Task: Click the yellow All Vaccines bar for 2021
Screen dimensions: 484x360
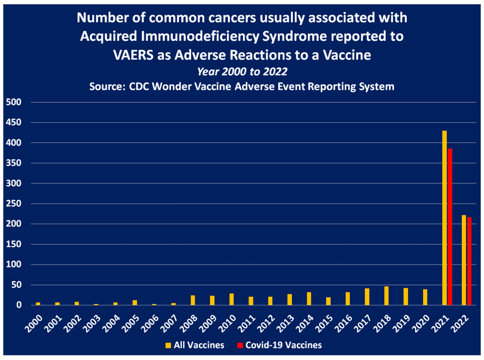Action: (444, 218)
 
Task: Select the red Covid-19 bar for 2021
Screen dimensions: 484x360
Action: (450, 227)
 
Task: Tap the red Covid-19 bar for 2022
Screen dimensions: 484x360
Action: (469, 261)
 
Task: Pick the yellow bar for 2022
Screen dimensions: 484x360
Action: (464, 260)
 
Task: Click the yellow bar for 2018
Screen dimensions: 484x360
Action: (387, 296)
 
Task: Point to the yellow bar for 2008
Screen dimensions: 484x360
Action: (193, 300)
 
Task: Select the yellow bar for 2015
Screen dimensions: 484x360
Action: (328, 301)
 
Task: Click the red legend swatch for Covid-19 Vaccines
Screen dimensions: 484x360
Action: (240, 345)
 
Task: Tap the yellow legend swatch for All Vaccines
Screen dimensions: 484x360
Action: (168, 345)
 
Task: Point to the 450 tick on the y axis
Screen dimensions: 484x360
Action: (13, 123)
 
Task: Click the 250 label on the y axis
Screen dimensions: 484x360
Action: (13, 203)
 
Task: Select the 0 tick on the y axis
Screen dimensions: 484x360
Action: (19, 305)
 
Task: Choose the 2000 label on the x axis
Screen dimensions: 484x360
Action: (34, 324)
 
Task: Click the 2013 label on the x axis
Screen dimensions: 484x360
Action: (285, 324)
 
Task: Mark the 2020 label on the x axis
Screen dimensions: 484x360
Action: (421, 324)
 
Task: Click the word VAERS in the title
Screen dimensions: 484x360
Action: (133, 55)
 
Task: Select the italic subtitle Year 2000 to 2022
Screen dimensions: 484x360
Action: (242, 72)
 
